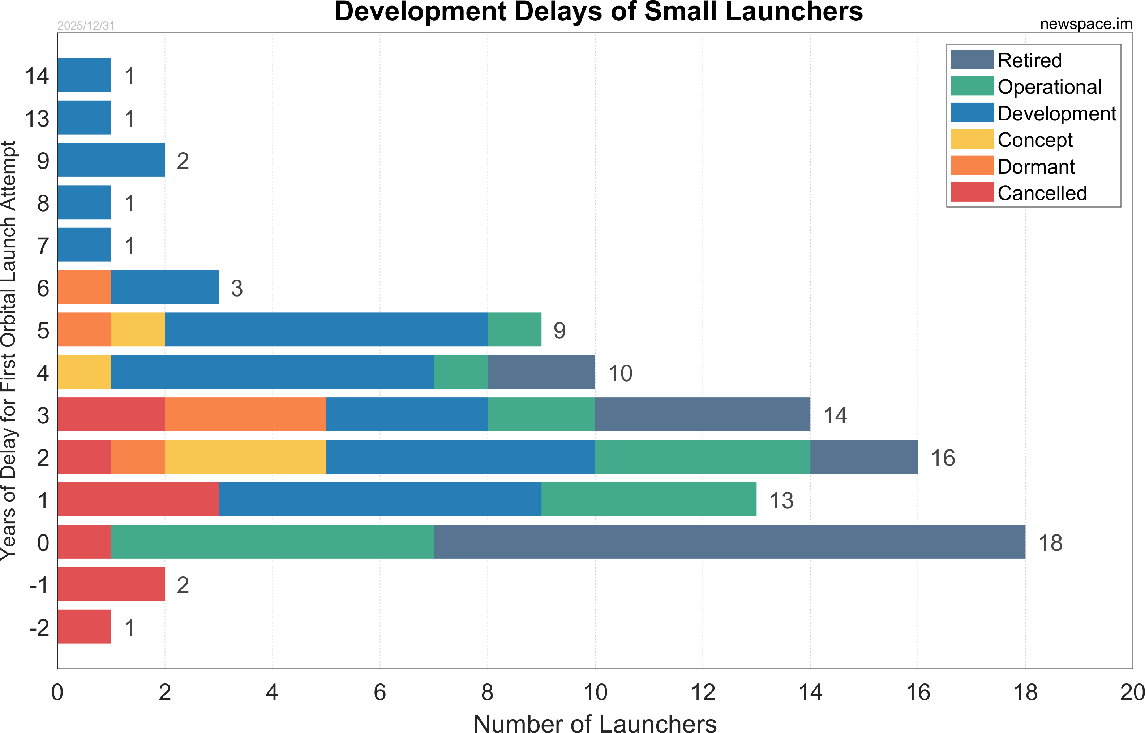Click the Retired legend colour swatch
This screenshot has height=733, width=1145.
pyautogui.click(x=972, y=60)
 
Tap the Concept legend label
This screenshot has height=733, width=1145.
pyautogui.click(x=1035, y=140)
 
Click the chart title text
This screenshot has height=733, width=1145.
pyautogui.click(x=599, y=12)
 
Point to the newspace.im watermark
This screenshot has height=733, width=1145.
pyautogui.click(x=1086, y=24)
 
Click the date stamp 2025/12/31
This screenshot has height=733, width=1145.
pyautogui.click(x=86, y=26)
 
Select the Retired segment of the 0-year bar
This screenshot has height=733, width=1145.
pyautogui.click(x=729, y=542)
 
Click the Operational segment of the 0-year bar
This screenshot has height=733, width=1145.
pyautogui.click(x=272, y=542)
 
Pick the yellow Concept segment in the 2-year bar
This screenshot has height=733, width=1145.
pyautogui.click(x=245, y=457)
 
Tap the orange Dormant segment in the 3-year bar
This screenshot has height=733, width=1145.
pyautogui.click(x=245, y=414)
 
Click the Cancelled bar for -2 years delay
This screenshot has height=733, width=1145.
pyautogui.click(x=84, y=626)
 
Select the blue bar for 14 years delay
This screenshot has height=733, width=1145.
pyautogui.click(x=84, y=75)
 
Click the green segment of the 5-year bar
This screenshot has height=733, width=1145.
pyautogui.click(x=514, y=330)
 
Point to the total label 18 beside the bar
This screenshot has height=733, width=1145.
pyautogui.click(x=1050, y=543)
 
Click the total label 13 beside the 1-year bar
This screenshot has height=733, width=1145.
pyautogui.click(x=781, y=500)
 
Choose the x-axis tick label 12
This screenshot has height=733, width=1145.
pyautogui.click(x=703, y=692)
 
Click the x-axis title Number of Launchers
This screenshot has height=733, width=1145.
pyautogui.click(x=595, y=723)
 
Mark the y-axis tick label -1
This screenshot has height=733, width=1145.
pyautogui.click(x=39, y=585)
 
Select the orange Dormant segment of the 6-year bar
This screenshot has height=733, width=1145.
pyautogui.click(x=84, y=287)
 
